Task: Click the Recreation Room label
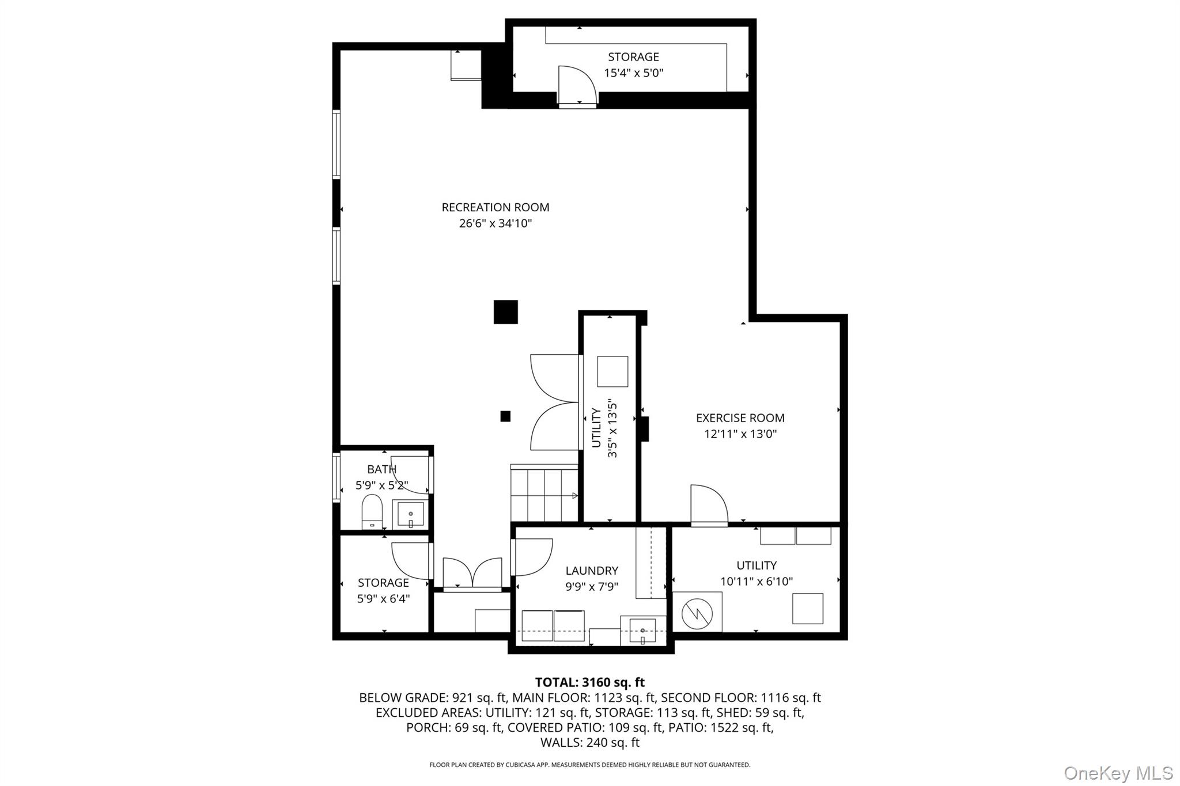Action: pyautogui.click(x=496, y=207)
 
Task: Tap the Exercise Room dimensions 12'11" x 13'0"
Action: pyautogui.click(x=740, y=434)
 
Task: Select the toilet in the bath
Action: pyautogui.click(x=372, y=511)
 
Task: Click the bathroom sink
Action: pyautogui.click(x=411, y=514)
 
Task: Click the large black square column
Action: pyautogui.click(x=506, y=312)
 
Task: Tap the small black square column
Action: pyautogui.click(x=505, y=416)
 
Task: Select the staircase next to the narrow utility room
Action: pyautogui.click(x=544, y=493)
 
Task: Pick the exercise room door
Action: pyautogui.click(x=709, y=506)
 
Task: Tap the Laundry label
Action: pyautogui.click(x=592, y=571)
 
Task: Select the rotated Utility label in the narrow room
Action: pyautogui.click(x=596, y=428)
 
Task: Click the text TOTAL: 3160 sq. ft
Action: pyautogui.click(x=590, y=682)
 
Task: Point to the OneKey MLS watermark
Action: pyautogui.click(x=1118, y=773)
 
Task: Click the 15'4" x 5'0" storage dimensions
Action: pyautogui.click(x=634, y=73)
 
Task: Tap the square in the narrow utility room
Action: pyautogui.click(x=612, y=371)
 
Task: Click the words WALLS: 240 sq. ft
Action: pyautogui.click(x=590, y=743)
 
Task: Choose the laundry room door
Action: pyautogui.click(x=531, y=557)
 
